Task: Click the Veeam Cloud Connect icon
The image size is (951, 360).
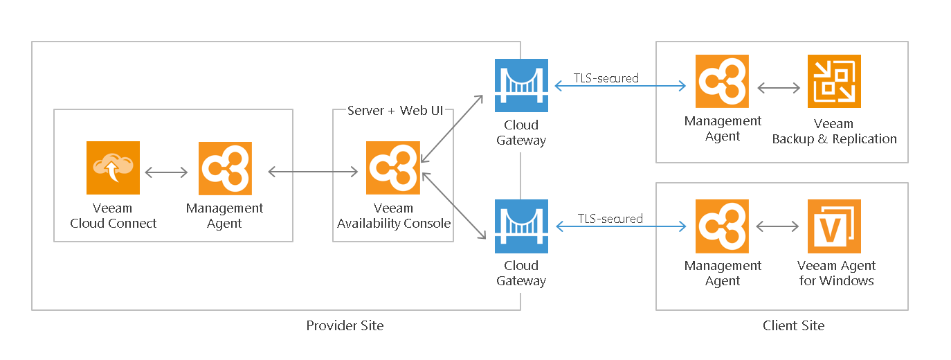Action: (x=113, y=168)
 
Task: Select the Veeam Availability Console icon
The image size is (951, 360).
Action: (x=393, y=168)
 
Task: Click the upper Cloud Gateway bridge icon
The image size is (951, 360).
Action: (x=521, y=85)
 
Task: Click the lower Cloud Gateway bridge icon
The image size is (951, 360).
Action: (x=521, y=226)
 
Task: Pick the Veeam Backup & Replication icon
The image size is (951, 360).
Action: (x=834, y=82)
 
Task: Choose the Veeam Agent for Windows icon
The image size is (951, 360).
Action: (x=834, y=226)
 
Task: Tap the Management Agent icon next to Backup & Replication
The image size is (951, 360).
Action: (x=723, y=82)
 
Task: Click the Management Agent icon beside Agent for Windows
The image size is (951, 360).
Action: (x=723, y=226)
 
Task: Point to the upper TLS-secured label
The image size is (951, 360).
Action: (x=606, y=78)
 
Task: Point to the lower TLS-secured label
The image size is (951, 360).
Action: (x=610, y=219)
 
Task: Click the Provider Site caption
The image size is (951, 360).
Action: (x=345, y=325)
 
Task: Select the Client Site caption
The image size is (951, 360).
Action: (x=793, y=325)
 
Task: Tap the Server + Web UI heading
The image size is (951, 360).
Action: (x=393, y=111)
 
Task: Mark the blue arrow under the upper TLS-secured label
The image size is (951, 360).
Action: (x=620, y=87)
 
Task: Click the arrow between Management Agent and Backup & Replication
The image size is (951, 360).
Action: (x=779, y=88)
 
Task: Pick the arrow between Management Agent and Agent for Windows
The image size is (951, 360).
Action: (x=779, y=226)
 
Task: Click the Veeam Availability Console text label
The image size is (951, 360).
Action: (x=393, y=216)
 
